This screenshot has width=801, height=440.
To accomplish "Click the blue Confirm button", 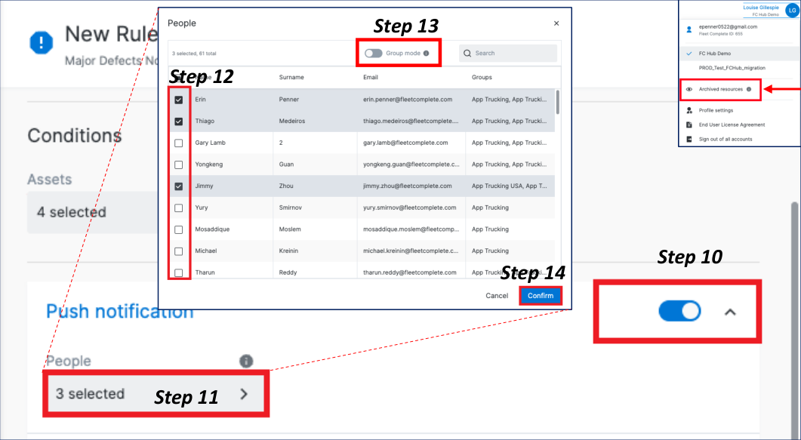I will (541, 295).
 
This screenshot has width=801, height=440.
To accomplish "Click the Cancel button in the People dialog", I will (497, 295).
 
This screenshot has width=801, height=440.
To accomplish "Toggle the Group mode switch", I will (373, 54).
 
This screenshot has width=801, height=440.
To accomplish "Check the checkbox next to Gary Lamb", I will (178, 143).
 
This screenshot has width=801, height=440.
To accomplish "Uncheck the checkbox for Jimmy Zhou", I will (178, 186).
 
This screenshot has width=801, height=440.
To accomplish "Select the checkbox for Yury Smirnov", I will (178, 208).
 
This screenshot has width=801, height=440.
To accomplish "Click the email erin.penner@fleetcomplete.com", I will (408, 100).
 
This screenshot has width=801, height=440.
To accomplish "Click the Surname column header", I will (291, 77).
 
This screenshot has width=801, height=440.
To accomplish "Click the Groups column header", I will (482, 77).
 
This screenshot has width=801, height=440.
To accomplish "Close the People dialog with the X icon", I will (556, 23).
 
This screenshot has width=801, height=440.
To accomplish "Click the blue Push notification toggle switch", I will (679, 311).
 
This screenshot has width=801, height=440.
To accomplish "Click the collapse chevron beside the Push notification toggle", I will (730, 312).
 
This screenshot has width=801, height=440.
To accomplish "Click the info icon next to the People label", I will (246, 361).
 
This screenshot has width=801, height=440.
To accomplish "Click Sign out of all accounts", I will (725, 139).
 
